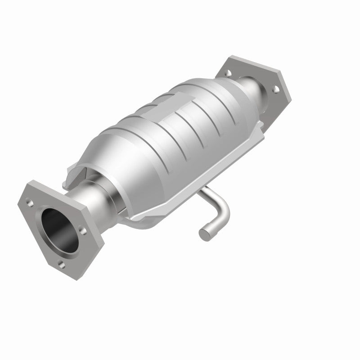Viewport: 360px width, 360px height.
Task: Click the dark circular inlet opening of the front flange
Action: point(58,229)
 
